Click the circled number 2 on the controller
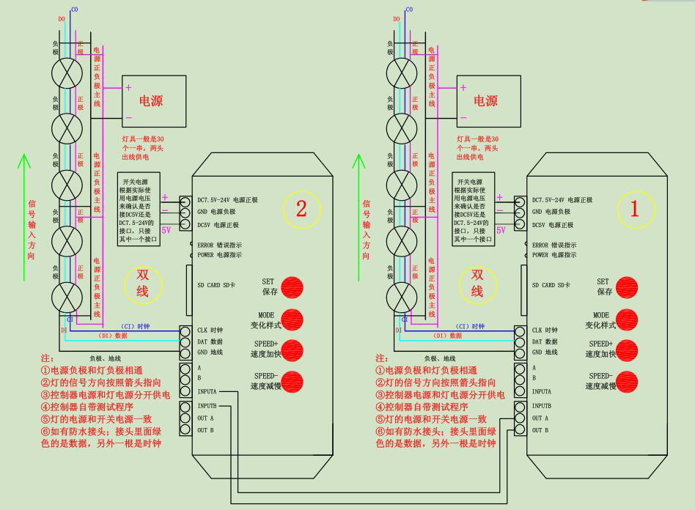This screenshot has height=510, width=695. pos(301,208)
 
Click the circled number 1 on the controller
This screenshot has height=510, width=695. pos(635,208)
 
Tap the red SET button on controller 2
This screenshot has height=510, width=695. pos(292,287)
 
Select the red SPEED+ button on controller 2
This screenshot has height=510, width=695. pos(292,350)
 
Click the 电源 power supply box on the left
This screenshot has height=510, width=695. pos(154,101)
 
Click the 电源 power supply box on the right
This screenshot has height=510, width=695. pos(488,101)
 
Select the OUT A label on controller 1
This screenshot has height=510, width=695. pos(542,418)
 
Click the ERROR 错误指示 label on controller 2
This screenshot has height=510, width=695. pos(220,245)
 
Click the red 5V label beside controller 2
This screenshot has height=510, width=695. pos(166,229)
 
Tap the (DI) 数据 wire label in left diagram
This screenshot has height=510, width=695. pos(112,336)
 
